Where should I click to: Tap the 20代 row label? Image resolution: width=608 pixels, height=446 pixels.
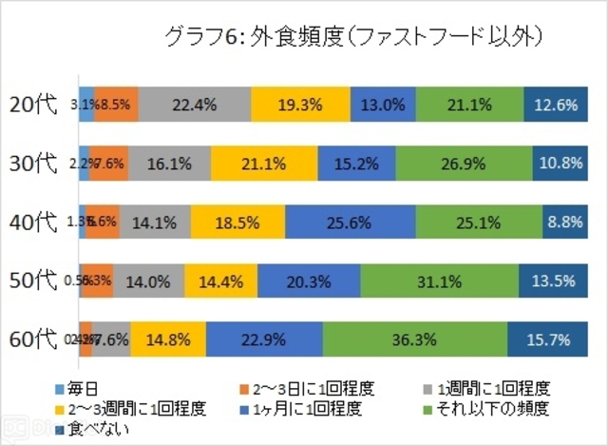pos(38,105)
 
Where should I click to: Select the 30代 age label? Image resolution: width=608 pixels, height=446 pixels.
pos(38,164)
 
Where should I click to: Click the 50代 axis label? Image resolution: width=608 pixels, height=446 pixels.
pos(38,281)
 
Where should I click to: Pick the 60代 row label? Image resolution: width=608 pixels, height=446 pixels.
pos(38,339)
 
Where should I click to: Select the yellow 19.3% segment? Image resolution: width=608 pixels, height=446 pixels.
pos(300,105)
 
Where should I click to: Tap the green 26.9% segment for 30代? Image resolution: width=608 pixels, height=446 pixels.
pos(464,164)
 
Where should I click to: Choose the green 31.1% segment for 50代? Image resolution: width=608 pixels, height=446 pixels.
pos(439,281)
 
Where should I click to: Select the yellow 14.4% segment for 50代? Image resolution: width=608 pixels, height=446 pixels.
pos(220,281)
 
